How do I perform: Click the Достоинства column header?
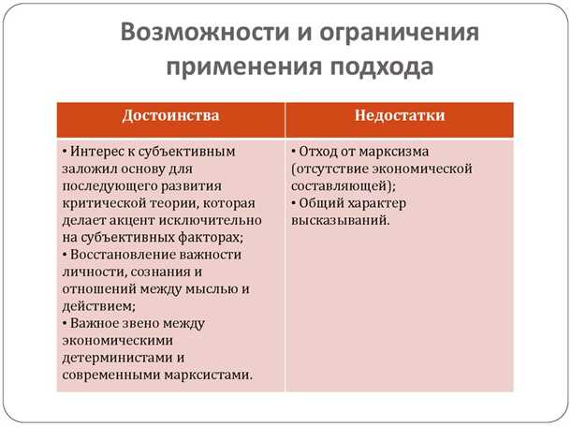[x=171, y=116]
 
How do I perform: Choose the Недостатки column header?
[x=400, y=116]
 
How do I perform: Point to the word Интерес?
[x=98, y=151]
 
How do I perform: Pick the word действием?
[x=95, y=306]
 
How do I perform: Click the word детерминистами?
[x=114, y=358]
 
